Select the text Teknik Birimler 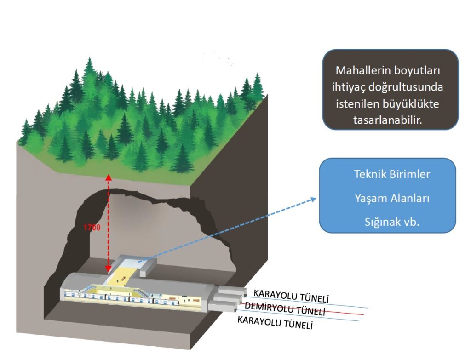[392, 175]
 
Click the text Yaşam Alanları [392, 199]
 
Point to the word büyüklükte [411, 103]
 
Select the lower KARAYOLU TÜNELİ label [275, 322]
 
